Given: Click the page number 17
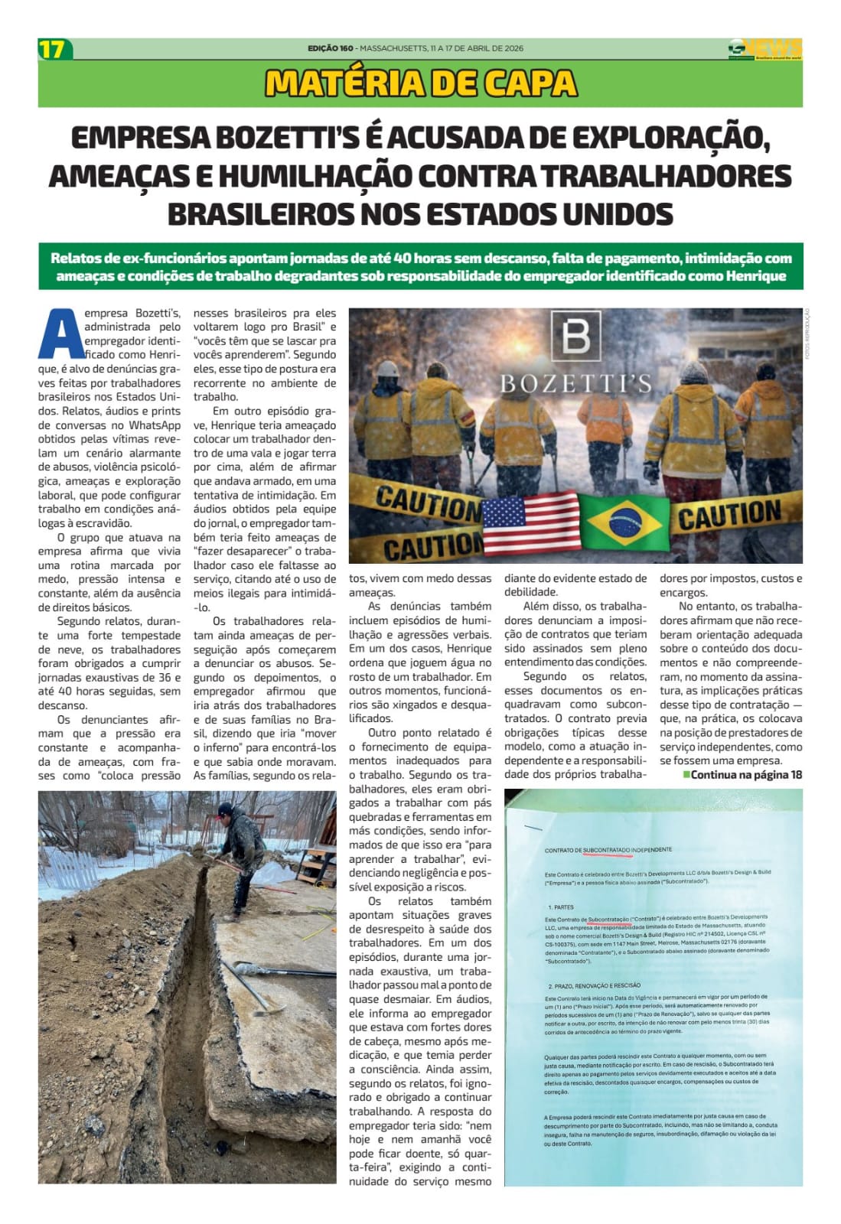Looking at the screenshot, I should point(53,50).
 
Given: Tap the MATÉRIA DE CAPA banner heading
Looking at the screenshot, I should point(420,83).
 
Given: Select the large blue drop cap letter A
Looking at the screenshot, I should point(60,334).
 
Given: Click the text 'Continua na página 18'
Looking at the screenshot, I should point(746,774).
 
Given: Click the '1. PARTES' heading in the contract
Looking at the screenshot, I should point(561,907).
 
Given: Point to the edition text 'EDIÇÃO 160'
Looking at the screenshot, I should point(331,48).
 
